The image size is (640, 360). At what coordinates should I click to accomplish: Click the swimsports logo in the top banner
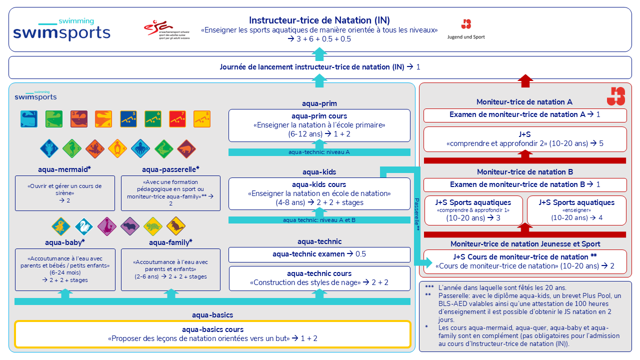point(61,29)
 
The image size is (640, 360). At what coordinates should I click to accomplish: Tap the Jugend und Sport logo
point(466,29)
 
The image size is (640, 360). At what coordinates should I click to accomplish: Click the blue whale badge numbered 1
point(29,119)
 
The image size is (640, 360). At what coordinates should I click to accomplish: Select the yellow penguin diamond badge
point(117,148)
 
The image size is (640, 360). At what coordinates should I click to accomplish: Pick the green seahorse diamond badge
point(71,148)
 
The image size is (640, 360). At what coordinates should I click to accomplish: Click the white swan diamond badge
point(83,226)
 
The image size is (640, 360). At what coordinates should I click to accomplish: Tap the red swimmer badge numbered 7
point(177,119)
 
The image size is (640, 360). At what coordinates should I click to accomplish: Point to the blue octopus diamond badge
point(140,148)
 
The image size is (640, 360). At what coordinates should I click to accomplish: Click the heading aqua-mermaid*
point(64,169)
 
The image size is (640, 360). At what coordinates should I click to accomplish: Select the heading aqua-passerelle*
point(170,169)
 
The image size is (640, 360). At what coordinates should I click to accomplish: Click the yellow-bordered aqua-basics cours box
point(212,334)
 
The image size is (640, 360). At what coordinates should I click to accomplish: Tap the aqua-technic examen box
point(319,254)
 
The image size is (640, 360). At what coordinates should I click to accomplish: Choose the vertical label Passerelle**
point(417,214)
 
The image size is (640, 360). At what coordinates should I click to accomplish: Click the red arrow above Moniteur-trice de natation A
point(525,81)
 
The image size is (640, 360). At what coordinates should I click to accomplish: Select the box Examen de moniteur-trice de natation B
point(525,184)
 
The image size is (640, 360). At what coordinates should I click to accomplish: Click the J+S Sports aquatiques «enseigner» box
point(576,210)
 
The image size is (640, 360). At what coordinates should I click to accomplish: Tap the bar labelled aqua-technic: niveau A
point(319,152)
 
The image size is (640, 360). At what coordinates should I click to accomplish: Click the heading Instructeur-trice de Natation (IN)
point(319,20)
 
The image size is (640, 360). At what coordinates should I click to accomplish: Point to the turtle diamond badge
point(152,226)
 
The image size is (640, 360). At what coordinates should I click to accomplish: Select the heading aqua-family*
point(170,242)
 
